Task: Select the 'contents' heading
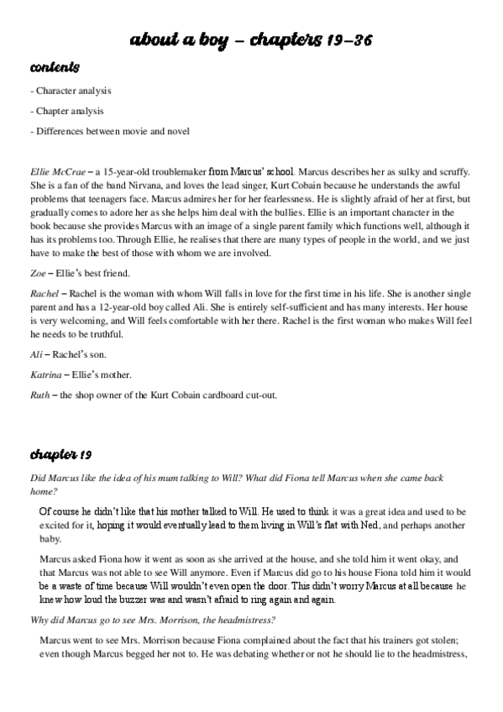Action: (x=55, y=66)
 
